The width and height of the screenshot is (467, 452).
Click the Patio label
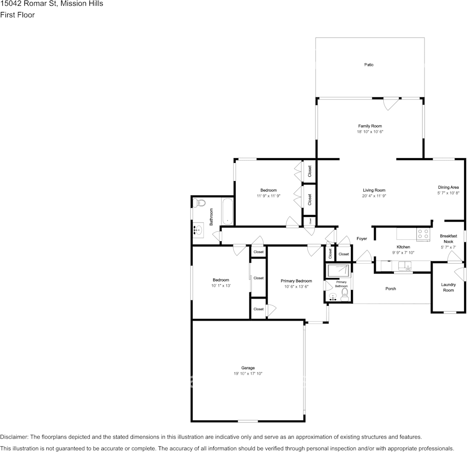[369, 65]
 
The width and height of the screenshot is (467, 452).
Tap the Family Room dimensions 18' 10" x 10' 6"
[370, 131]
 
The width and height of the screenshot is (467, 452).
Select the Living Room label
[374, 190]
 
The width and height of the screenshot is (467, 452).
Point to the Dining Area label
[448, 187]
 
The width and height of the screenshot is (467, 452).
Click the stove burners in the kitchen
[423, 234]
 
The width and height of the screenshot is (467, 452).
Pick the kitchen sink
[405, 265]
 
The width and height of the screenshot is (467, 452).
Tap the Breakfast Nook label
[448, 239]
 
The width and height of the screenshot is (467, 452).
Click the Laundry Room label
[448, 287]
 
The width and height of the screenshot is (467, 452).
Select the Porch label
[391, 289]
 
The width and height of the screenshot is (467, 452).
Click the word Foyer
[361, 238]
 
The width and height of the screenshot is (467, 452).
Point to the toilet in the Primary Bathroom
[345, 295]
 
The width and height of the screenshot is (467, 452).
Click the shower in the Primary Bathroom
[338, 270]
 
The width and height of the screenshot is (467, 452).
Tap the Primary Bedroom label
[296, 281]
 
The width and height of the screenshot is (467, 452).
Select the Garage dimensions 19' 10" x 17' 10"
[248, 373]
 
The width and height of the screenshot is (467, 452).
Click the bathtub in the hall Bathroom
[227, 212]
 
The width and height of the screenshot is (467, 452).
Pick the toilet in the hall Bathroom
[199, 203]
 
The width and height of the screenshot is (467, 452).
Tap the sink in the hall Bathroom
[198, 230]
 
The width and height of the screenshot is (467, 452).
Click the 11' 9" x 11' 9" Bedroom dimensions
[268, 196]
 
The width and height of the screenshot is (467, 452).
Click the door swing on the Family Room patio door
[391, 104]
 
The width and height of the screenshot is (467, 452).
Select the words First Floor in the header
[17, 15]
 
